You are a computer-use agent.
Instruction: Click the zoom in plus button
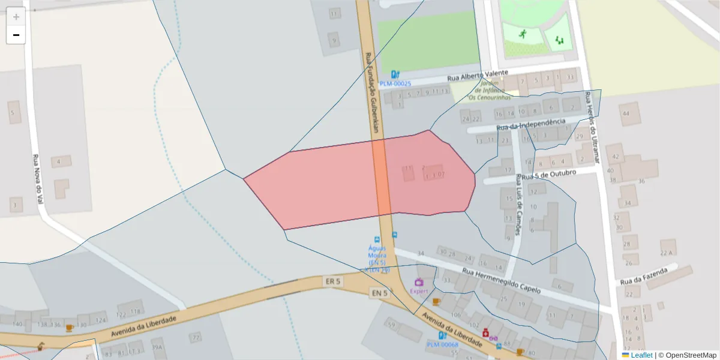tap(16, 17)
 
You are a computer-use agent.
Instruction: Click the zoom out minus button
tap(16, 35)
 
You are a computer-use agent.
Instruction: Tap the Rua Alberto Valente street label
tap(478, 76)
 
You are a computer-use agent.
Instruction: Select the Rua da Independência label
tap(531, 124)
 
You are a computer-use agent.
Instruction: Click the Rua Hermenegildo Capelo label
tap(502, 281)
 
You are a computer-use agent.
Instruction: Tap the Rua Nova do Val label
tap(38, 181)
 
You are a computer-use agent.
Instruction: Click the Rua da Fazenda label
tap(644, 277)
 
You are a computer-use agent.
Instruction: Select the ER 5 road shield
tap(332, 281)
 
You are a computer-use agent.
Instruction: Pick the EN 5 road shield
tap(379, 293)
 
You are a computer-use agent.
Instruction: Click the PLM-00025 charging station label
tap(395, 84)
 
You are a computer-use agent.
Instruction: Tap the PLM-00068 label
tap(442, 344)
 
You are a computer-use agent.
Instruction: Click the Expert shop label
tap(419, 291)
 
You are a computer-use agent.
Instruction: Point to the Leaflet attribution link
tap(641, 355)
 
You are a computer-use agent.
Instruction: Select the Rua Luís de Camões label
tap(518, 204)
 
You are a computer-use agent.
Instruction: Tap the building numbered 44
tap(626, 113)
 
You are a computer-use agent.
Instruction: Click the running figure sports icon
tap(523, 34)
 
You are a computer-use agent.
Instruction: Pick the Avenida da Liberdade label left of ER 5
tap(144, 327)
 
